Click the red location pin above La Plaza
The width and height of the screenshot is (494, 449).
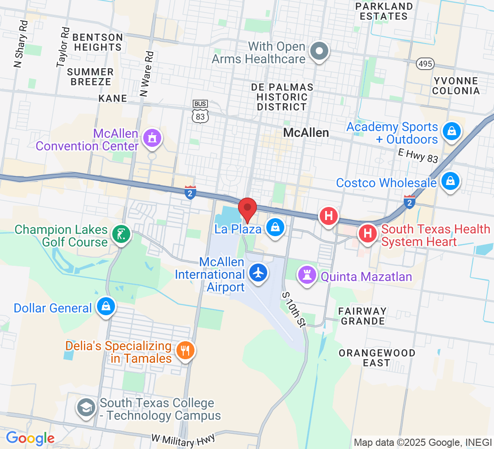pos(247,208)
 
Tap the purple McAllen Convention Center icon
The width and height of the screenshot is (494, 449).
pos(152,138)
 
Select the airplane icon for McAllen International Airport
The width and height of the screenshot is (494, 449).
pos(258,273)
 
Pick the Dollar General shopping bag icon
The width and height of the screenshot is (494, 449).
pos(106,308)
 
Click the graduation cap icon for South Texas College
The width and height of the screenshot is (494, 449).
pos(85,408)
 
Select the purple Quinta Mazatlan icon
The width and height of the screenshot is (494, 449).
pos(308,276)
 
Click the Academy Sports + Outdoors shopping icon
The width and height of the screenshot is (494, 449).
pos(450,132)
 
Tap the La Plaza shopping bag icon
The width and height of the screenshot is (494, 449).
pos(275,228)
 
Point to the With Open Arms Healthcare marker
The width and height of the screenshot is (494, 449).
pos(319,52)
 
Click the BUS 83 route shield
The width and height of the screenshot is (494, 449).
pos(200,111)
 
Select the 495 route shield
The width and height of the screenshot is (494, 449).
pos(425,64)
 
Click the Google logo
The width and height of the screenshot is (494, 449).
pos(30,438)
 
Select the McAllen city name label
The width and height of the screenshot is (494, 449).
pos(306,132)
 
